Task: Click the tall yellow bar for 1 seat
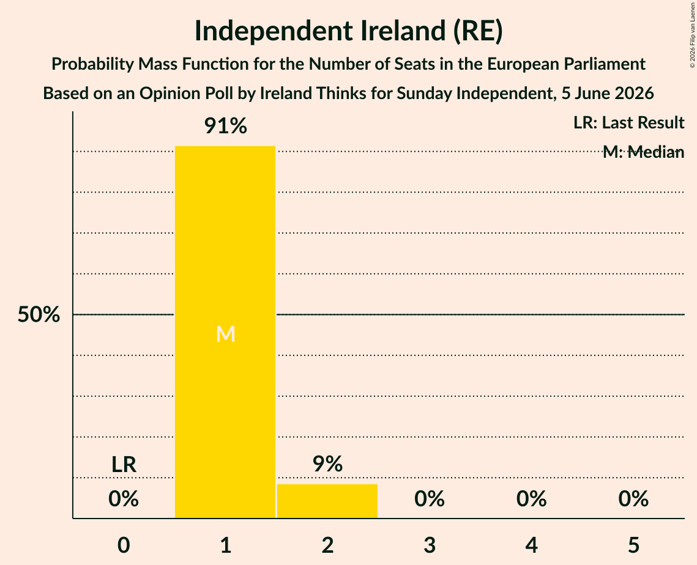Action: (x=225, y=332)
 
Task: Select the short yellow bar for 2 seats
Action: (x=327, y=501)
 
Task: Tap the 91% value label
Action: (x=225, y=126)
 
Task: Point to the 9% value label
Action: (x=327, y=463)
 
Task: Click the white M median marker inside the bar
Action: (x=225, y=334)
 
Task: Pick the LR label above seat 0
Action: (x=124, y=465)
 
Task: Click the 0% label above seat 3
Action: (x=430, y=499)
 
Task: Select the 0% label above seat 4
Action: (x=532, y=499)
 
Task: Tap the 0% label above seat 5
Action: (x=633, y=499)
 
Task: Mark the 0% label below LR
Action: (x=124, y=499)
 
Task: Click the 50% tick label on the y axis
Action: (x=39, y=314)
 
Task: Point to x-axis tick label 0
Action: (x=124, y=545)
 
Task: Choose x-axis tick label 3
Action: (x=430, y=545)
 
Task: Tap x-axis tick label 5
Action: (x=633, y=545)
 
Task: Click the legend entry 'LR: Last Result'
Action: (x=628, y=122)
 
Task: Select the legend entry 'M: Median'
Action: (x=643, y=152)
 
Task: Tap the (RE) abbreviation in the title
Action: (x=478, y=31)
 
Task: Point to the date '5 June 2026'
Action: (x=607, y=94)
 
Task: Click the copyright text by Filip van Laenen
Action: (x=692, y=35)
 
